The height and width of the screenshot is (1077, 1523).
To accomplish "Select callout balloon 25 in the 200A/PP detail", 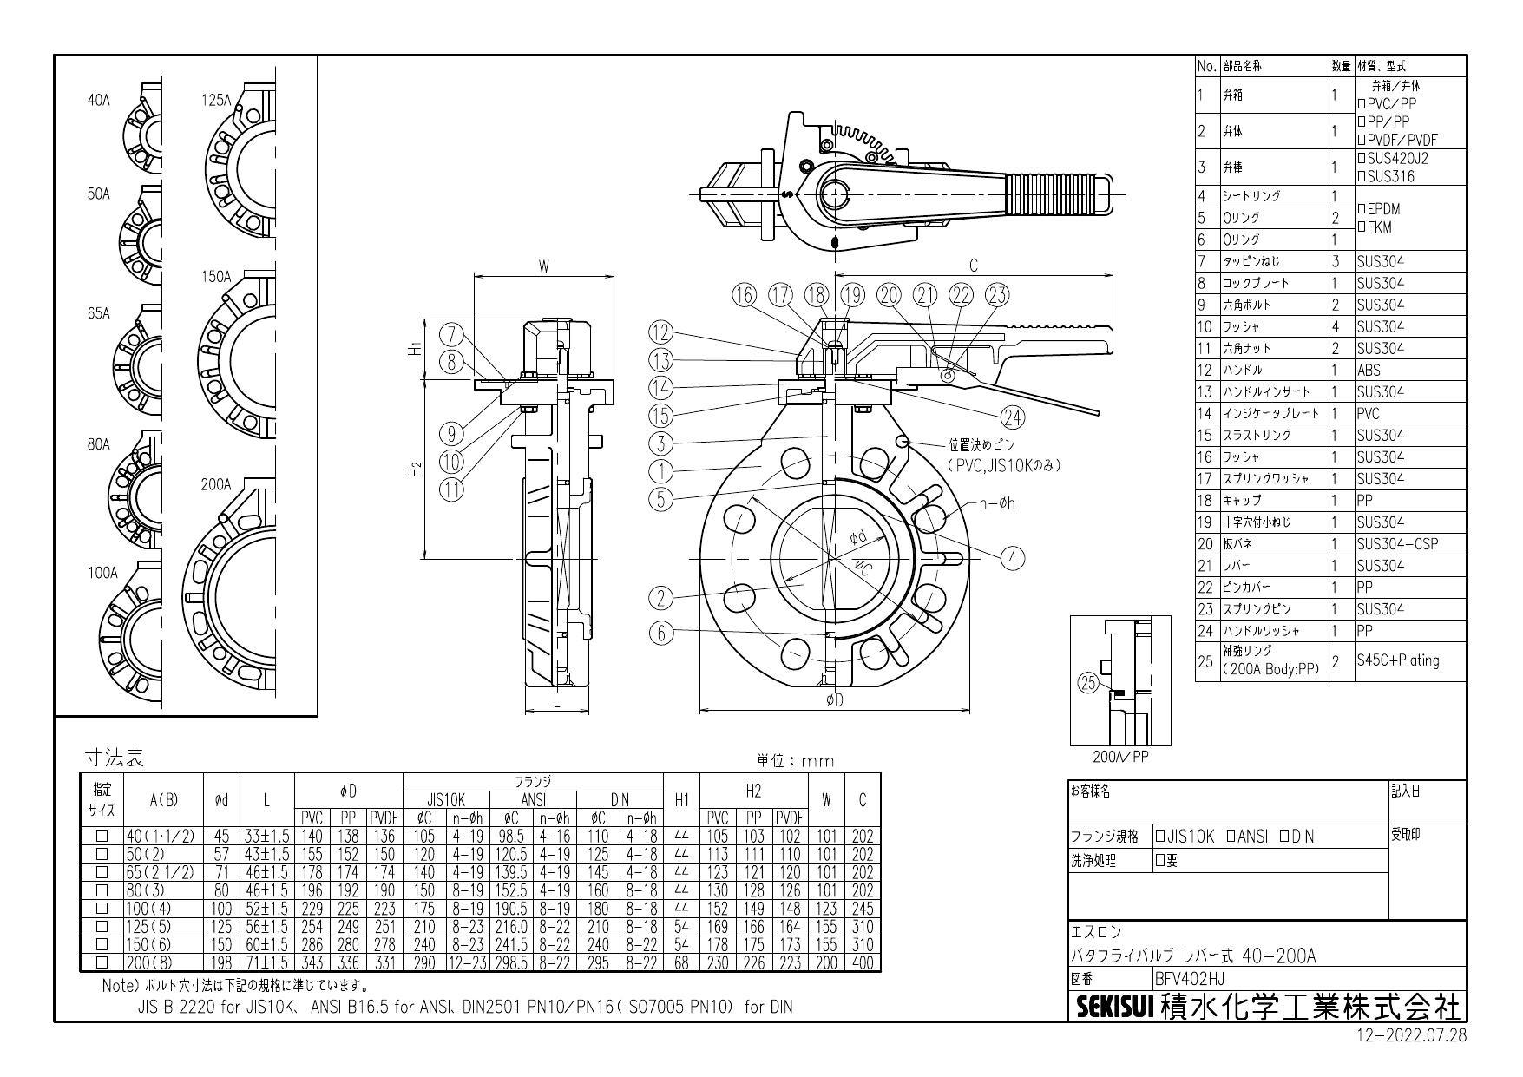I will click(1088, 683).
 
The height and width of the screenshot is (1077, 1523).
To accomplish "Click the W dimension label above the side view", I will click(544, 267).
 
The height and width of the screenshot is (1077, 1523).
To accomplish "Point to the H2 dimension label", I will click(416, 470).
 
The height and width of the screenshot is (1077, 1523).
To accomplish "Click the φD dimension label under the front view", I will click(834, 701).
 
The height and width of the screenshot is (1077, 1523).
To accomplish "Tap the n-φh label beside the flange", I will click(996, 503).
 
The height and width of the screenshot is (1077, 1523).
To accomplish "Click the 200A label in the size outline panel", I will click(216, 485).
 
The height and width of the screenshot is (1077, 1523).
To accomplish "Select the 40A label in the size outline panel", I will click(99, 101).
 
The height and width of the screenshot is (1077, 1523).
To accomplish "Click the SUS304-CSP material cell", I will click(1396, 544).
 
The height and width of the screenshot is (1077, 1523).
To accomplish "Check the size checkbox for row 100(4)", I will click(102, 909).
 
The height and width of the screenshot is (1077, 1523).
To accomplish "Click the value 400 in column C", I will click(862, 962).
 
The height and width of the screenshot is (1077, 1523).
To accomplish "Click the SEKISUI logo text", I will click(1114, 1008).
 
